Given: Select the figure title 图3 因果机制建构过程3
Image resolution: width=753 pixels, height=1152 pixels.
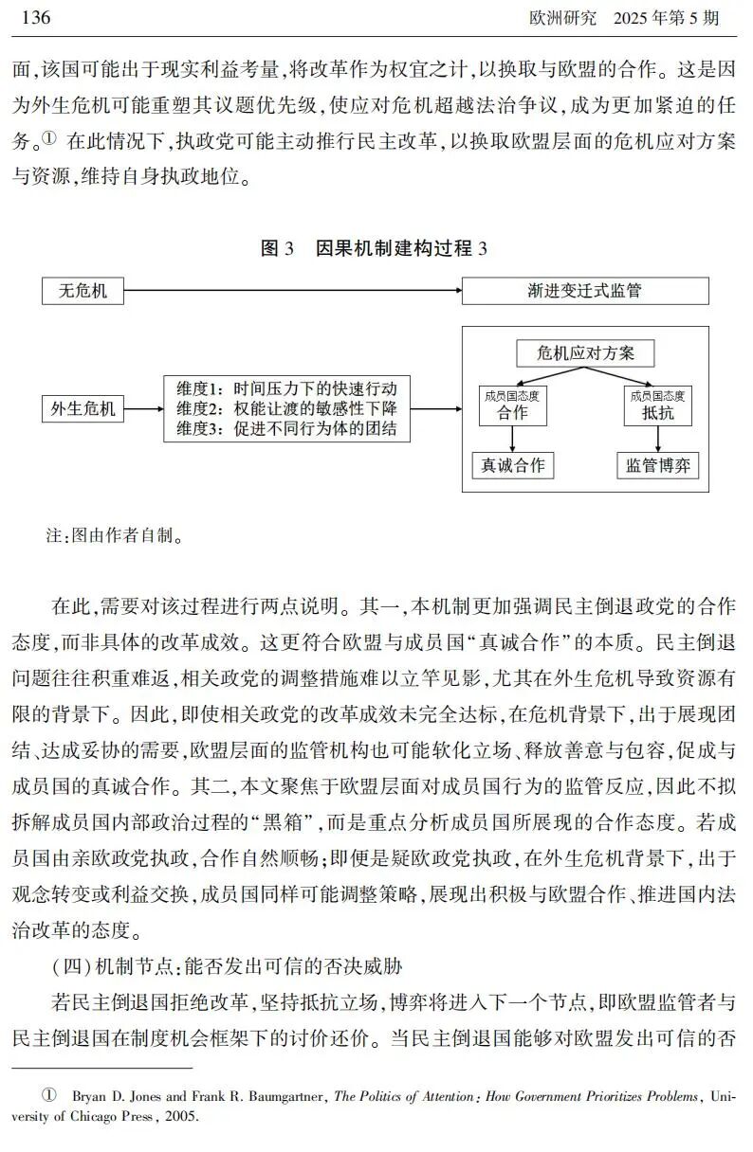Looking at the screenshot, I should tap(374, 248).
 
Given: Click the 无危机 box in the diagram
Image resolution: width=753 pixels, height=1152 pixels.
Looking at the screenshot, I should tap(83, 290).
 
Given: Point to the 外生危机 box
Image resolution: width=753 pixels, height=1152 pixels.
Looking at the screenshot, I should tap(83, 409).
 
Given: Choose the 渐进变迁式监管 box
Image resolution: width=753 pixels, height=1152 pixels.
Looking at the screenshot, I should tap(584, 290).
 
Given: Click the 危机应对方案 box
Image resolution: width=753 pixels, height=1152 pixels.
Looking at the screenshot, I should tap(585, 353).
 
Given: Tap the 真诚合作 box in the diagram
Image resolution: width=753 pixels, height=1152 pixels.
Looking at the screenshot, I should tap(513, 465).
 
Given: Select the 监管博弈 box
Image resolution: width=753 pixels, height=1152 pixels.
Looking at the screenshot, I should tap(658, 465).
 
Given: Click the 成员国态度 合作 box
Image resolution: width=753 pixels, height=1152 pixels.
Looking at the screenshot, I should tap(513, 405).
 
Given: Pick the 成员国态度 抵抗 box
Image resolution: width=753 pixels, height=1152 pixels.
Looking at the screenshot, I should tap(658, 405).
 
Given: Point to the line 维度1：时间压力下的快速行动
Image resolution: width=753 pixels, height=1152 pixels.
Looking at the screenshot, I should tap(285, 388).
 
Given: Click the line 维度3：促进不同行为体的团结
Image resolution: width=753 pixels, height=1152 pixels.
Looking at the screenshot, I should tap(285, 429).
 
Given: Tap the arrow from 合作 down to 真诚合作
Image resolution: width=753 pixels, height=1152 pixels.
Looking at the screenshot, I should tap(513, 438).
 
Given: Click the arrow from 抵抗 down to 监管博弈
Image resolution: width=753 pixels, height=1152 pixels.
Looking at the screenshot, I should tap(658, 438).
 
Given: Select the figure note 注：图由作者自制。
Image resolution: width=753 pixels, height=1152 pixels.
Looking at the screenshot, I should tap(115, 535).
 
